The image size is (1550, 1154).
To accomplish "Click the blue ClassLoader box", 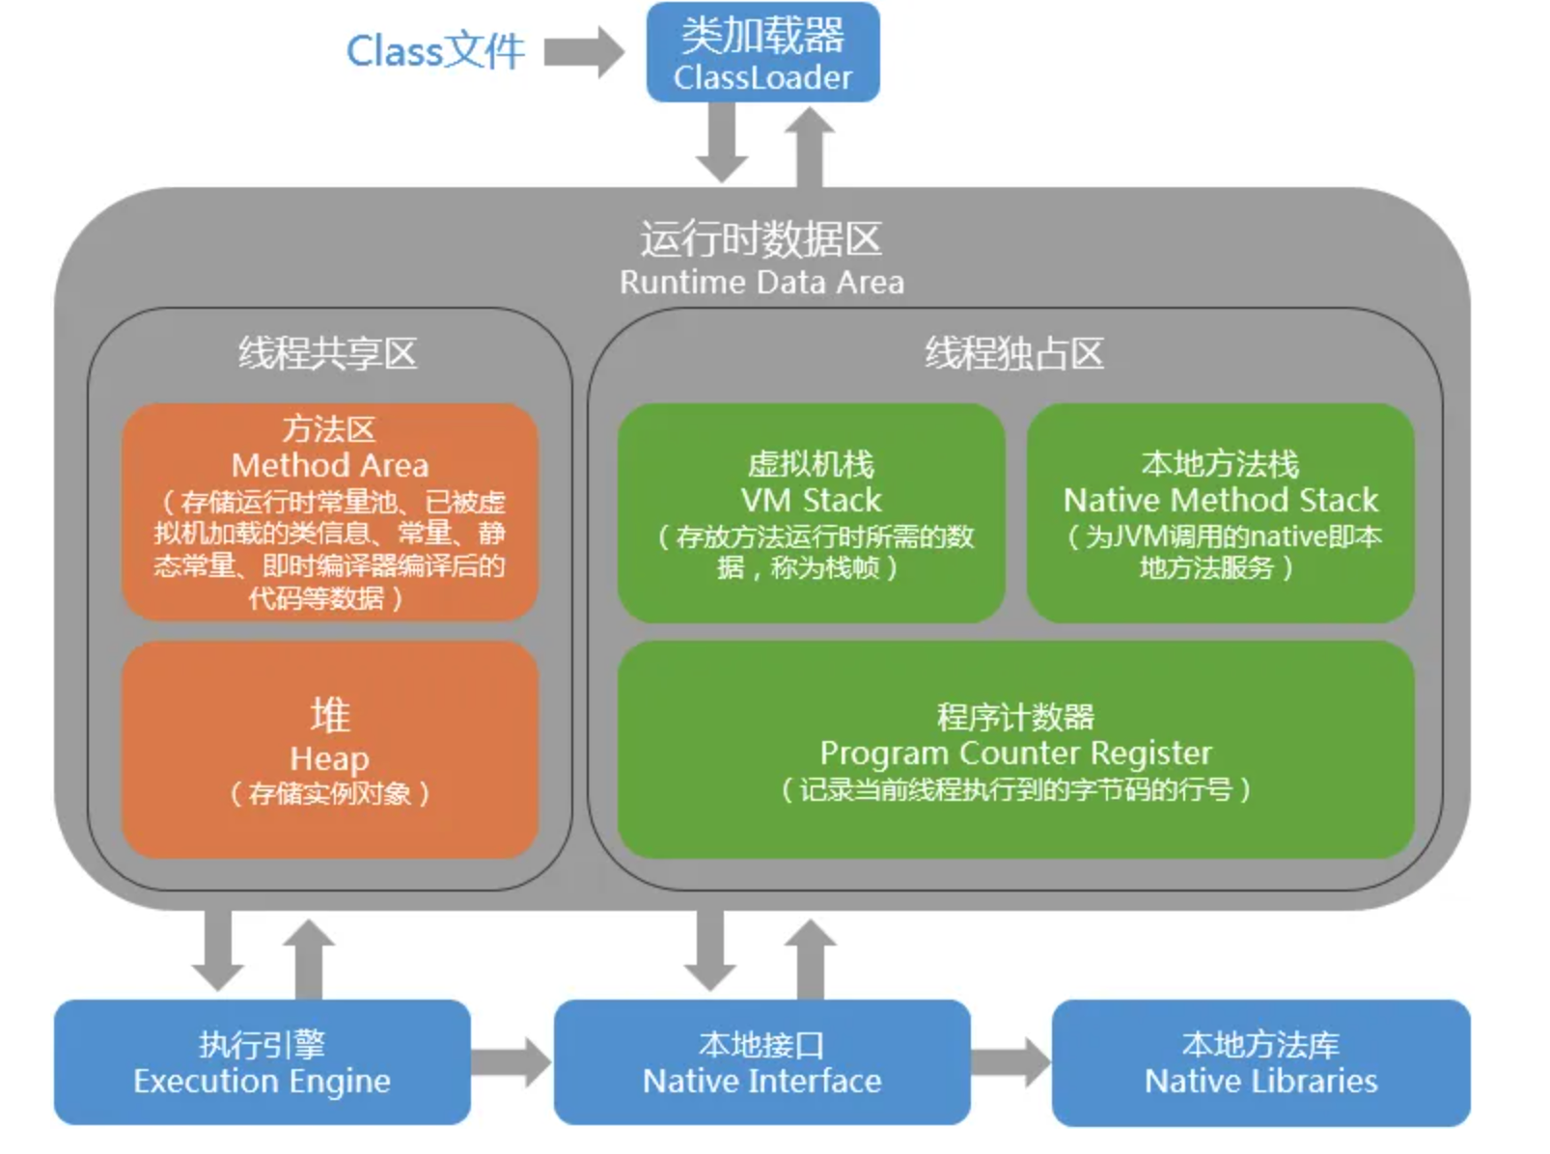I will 762,53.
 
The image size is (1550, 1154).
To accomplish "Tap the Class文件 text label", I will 435,51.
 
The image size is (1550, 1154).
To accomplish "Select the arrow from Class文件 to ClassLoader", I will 584,51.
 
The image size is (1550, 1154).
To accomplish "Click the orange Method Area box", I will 329,511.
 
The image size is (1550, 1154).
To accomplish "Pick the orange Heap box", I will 329,750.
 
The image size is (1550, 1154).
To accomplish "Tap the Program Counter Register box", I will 1015,750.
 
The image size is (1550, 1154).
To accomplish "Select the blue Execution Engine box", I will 262,1062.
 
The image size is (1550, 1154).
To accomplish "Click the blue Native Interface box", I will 761,1062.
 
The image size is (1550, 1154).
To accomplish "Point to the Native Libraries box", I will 1260,1062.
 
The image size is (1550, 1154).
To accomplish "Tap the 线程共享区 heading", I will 328,353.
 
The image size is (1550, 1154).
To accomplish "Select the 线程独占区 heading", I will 1014,353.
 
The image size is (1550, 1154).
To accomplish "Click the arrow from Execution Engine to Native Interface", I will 512,1062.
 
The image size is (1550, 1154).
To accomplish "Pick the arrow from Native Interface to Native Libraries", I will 1010,1062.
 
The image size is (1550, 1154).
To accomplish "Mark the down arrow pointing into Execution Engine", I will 217,950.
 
